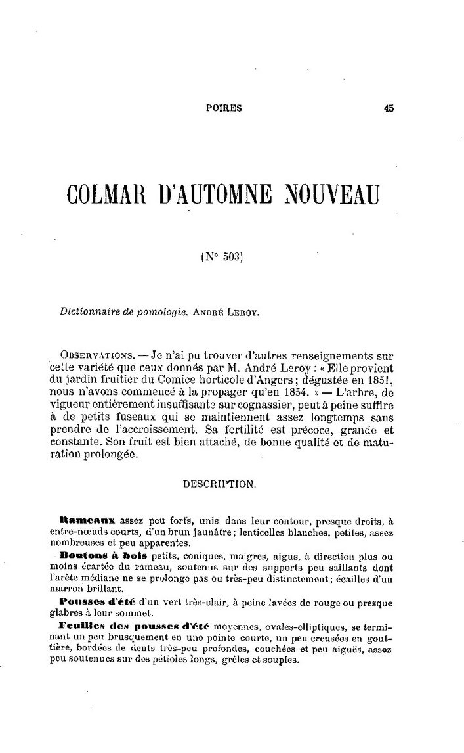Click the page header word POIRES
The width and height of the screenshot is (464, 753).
click(x=224, y=109)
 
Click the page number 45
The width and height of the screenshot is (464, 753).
click(x=388, y=109)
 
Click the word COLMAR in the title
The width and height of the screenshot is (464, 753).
click(x=108, y=196)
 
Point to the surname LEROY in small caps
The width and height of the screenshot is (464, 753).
click(x=246, y=313)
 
